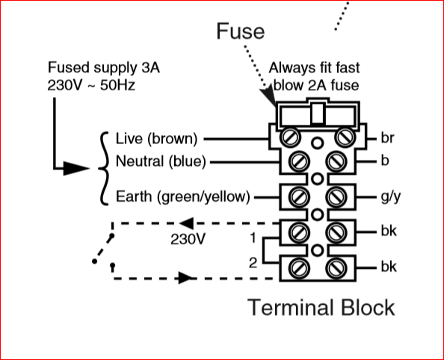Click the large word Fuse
tap(241, 31)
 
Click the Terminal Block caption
tap(321, 308)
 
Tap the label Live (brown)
tap(156, 139)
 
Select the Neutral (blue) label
tap(161, 161)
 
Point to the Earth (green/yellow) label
tap(183, 196)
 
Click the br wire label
tap(387, 138)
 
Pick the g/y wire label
tap(391, 196)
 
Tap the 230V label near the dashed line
tap(188, 240)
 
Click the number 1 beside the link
tap(253, 238)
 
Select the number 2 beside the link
tap(253, 263)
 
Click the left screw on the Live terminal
tap(290, 137)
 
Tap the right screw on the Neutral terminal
tap(336, 162)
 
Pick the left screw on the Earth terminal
tap(299, 197)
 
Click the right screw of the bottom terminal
tap(336, 268)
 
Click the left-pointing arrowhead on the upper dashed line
tap(187, 223)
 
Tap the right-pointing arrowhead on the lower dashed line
tap(185, 278)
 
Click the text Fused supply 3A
tap(104, 68)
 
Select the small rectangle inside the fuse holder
tap(318, 114)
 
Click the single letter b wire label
tap(385, 161)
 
